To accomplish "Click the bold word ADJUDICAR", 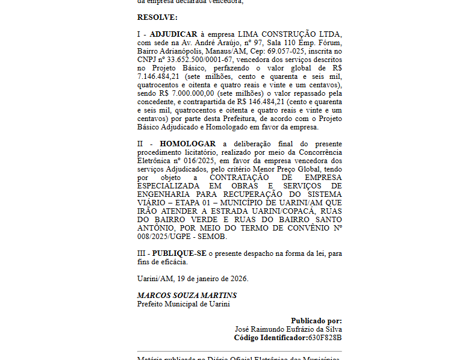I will click(173, 34).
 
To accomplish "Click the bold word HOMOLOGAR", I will click(187, 144).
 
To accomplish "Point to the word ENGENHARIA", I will click(163, 194).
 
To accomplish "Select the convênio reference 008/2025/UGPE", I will click(168, 237).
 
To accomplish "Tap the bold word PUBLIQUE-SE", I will click(179, 253).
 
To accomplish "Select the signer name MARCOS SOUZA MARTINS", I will click(187, 296).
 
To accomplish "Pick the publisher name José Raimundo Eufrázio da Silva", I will click(288, 329).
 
